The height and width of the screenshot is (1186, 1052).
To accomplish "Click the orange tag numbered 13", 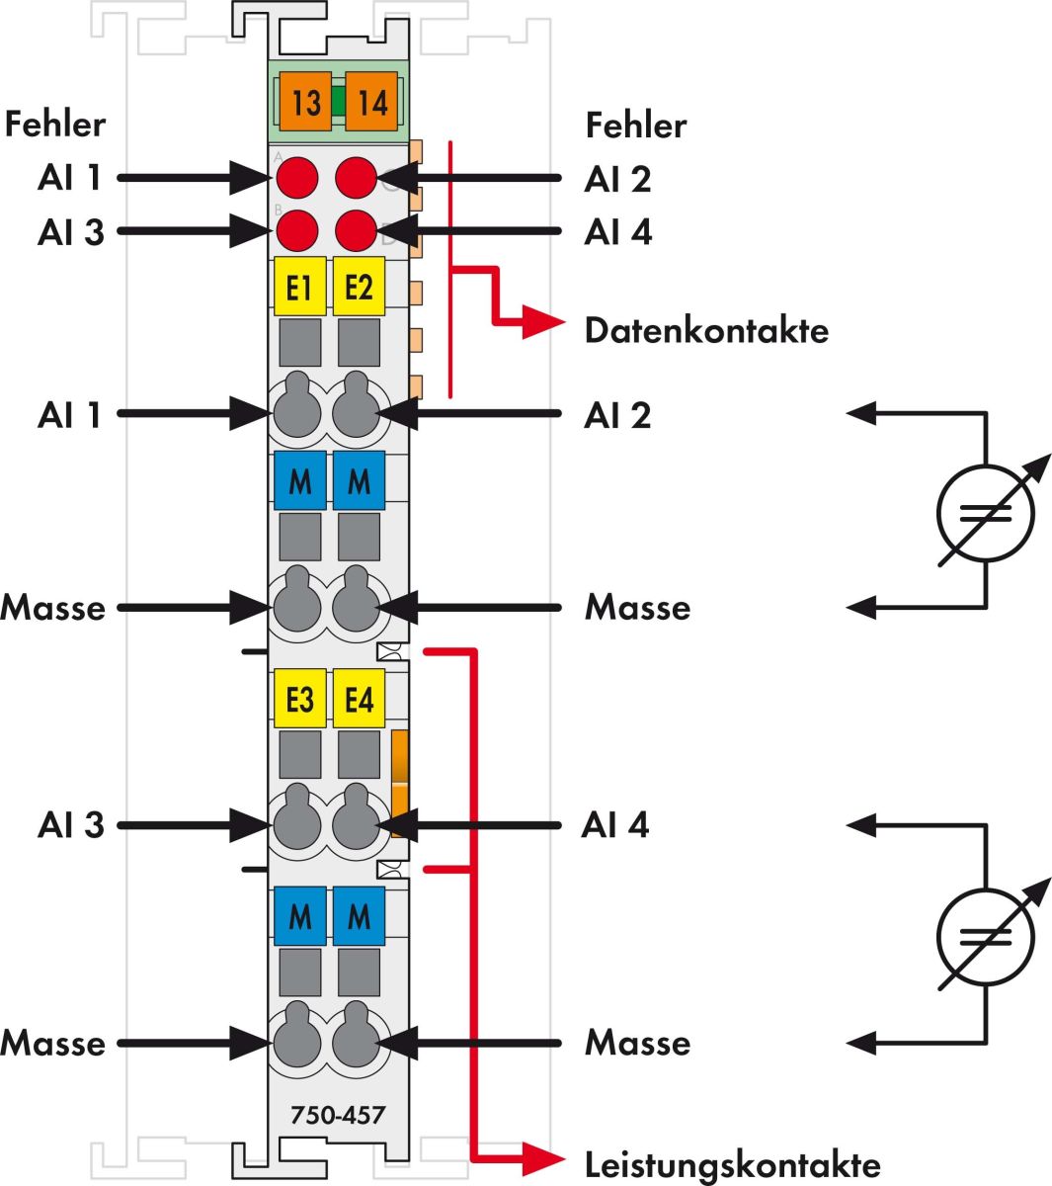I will click(305, 102).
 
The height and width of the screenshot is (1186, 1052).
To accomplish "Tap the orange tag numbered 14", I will click(371, 102).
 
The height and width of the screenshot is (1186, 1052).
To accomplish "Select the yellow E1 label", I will click(299, 287).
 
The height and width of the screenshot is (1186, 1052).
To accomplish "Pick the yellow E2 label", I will click(359, 287).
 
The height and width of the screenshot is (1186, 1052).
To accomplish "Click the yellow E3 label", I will click(299, 699).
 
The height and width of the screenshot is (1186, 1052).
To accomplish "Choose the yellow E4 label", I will click(359, 699).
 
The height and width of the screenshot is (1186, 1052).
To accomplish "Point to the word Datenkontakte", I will click(706, 330).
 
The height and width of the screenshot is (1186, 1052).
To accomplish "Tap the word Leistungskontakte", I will click(732, 1164).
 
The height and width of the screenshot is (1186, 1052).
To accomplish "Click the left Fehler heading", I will click(54, 125).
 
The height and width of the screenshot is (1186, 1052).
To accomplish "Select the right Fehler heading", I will click(635, 126).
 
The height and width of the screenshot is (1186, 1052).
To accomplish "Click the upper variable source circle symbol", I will click(985, 513).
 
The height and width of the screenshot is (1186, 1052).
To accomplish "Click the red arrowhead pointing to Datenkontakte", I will click(542, 322).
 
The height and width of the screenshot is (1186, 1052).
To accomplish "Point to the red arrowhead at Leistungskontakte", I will click(542, 1157).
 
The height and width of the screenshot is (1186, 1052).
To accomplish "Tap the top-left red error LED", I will click(296, 179).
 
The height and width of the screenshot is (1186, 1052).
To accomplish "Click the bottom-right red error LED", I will click(357, 231).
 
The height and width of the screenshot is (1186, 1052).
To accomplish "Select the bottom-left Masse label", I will click(52, 1044).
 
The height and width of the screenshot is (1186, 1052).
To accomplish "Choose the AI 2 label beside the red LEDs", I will click(617, 179).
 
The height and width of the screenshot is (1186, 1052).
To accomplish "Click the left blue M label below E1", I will click(299, 481).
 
